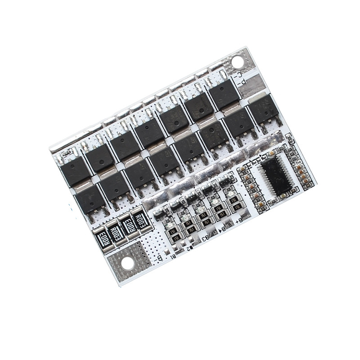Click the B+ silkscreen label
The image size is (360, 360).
click(x=239, y=220)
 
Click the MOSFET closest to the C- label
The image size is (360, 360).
click(x=223, y=94)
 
